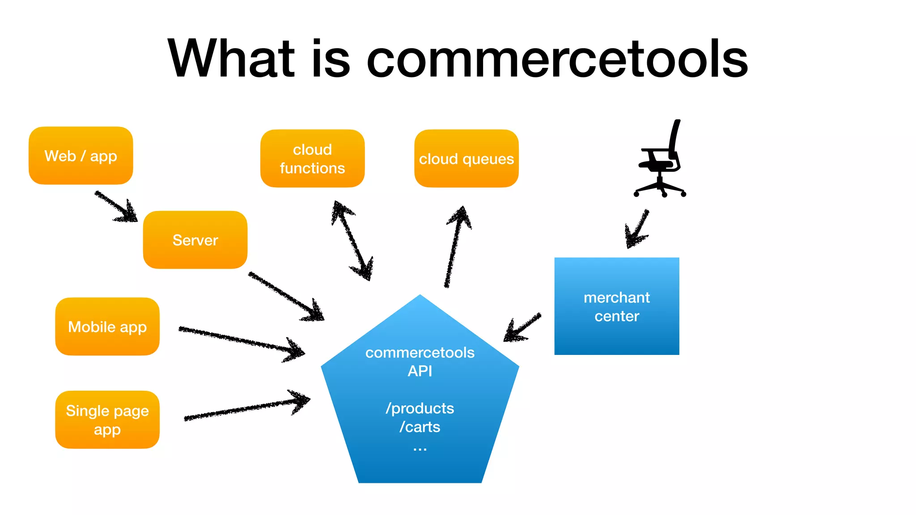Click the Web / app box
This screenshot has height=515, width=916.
coord(81,156)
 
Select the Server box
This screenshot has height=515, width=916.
coord(195,240)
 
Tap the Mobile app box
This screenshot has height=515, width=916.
coord(107,327)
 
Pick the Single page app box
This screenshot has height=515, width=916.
coord(107,420)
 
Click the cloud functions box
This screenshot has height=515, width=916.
coord(312,159)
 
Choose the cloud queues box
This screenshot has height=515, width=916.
coord(466,159)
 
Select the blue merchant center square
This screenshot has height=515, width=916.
coord(616,306)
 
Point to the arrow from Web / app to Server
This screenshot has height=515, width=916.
coord(115,206)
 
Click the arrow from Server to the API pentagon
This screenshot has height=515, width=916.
coord(286,296)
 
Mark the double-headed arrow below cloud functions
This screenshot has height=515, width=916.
coord(352,241)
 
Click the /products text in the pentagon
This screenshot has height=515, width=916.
coord(420,408)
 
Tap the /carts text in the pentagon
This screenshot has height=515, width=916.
coord(420,427)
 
